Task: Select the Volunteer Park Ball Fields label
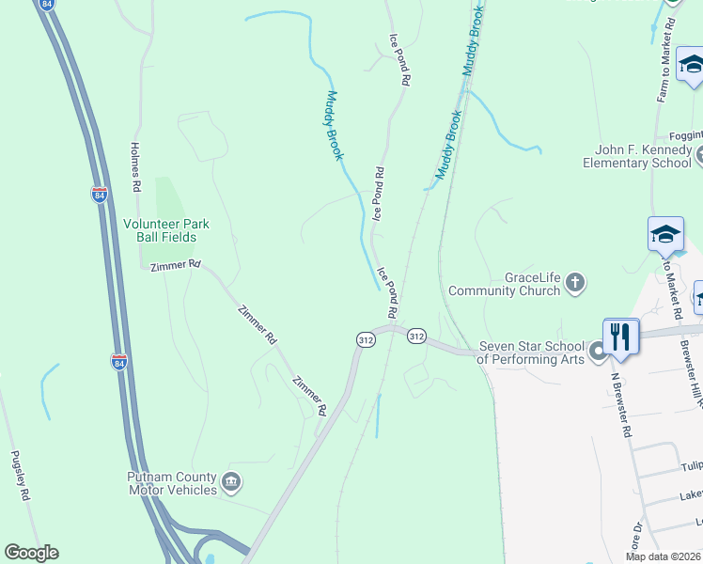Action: tap(166, 230)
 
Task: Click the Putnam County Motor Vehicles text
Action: tap(173, 483)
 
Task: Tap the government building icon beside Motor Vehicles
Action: tap(231, 483)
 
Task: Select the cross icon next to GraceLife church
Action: tap(575, 281)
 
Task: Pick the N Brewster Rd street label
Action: tap(621, 404)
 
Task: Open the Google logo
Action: tap(31, 553)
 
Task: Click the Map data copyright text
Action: tap(664, 556)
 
